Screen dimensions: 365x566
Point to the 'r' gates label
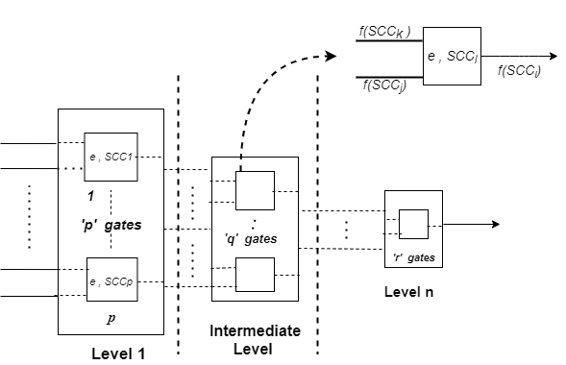tap(414, 257)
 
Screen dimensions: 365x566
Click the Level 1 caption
tap(118, 353)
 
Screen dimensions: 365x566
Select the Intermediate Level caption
tap(255, 338)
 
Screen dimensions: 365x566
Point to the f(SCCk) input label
tap(384, 32)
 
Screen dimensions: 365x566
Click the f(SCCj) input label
tap(385, 86)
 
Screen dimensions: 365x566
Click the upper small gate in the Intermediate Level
tap(255, 190)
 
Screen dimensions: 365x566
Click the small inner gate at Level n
tap(413, 224)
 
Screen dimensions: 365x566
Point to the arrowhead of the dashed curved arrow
tap(332, 56)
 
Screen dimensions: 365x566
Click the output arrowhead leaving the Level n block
tap(494, 224)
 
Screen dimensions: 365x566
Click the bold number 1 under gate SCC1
tap(91, 195)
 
